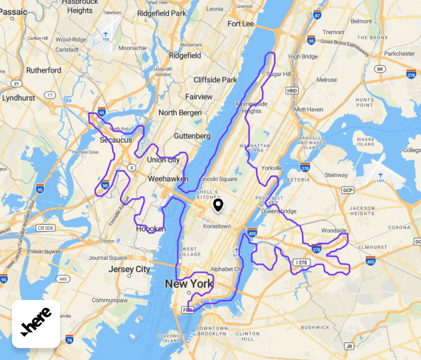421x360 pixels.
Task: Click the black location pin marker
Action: (218, 206)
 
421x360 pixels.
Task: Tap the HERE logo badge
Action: (36, 324)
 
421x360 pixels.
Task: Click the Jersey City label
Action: (129, 269)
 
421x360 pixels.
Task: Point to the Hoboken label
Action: (151, 229)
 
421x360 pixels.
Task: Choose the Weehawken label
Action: (168, 179)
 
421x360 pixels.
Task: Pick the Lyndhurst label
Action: (19, 97)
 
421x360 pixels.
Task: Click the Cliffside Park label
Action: (215, 80)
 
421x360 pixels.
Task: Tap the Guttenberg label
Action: (191, 136)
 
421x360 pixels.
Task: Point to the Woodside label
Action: (334, 230)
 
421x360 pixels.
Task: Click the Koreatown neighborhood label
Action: (217, 226)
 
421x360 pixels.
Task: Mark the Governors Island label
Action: (169, 338)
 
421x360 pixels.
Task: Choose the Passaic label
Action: (10, 3)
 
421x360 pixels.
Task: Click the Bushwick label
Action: (315, 327)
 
